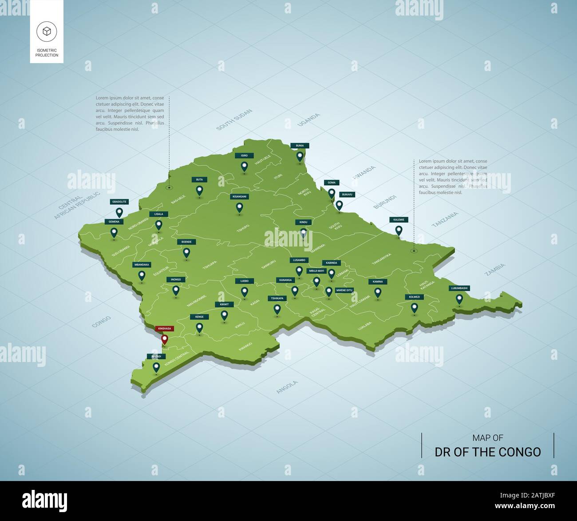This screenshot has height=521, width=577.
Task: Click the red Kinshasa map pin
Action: (164, 340)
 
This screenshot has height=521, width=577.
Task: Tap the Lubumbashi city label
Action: (459, 288)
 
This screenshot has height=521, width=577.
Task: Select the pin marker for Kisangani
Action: (240, 207)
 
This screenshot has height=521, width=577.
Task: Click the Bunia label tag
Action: (300, 145)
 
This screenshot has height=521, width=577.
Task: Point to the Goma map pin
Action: (331, 193)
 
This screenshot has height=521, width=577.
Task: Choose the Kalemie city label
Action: (398, 219)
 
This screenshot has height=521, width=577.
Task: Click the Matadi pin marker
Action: (156, 367)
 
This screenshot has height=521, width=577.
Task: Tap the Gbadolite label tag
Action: (119, 202)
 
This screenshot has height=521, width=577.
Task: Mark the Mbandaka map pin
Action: (142, 275)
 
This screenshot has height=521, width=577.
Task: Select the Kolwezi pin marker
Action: (414, 307)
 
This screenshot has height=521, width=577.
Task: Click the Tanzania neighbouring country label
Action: (445, 220)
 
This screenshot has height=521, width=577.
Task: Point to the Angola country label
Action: (287, 387)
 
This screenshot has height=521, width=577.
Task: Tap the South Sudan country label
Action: (234, 119)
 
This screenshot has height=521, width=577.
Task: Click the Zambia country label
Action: (495, 270)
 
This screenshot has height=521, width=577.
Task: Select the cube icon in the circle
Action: (47, 31)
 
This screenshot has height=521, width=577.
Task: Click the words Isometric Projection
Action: (47, 53)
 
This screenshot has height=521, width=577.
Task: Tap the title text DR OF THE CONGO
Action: (487, 452)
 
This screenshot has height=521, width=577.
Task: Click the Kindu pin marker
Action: (303, 232)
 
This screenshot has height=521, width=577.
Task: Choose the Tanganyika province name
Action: (381, 259)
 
